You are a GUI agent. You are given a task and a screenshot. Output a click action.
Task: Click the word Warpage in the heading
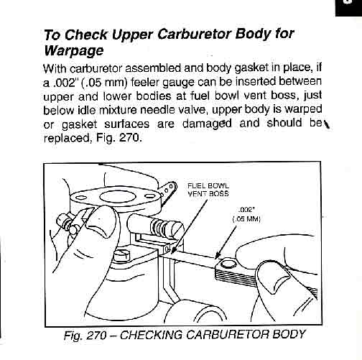tap(74, 51)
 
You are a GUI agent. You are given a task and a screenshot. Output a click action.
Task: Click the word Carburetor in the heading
tap(195, 34)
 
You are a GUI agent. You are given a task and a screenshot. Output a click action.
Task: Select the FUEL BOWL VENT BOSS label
tap(208, 190)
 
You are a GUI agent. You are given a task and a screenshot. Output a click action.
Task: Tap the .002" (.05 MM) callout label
tap(246, 215)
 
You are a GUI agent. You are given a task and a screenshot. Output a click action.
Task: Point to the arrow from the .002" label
tap(226, 243)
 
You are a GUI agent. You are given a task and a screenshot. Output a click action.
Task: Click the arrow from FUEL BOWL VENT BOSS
tap(189, 226)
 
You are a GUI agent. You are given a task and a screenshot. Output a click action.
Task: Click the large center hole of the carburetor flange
tap(118, 197)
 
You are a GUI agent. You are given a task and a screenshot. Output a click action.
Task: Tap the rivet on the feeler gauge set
tap(228, 264)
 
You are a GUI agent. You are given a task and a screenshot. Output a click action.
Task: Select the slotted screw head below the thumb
tap(122, 255)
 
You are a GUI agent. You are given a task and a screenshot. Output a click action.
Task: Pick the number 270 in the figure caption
tap(96, 335)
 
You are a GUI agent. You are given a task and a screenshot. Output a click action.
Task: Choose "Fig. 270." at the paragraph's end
tap(119, 137)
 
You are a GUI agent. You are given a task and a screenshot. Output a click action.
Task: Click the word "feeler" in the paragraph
tap(146, 82)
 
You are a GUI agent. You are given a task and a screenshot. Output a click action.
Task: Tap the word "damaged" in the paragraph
tap(207, 124)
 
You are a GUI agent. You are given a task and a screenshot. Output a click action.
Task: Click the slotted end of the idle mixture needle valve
tap(177, 230)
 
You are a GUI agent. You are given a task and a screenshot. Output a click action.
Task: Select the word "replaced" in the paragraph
tap(68, 138)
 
